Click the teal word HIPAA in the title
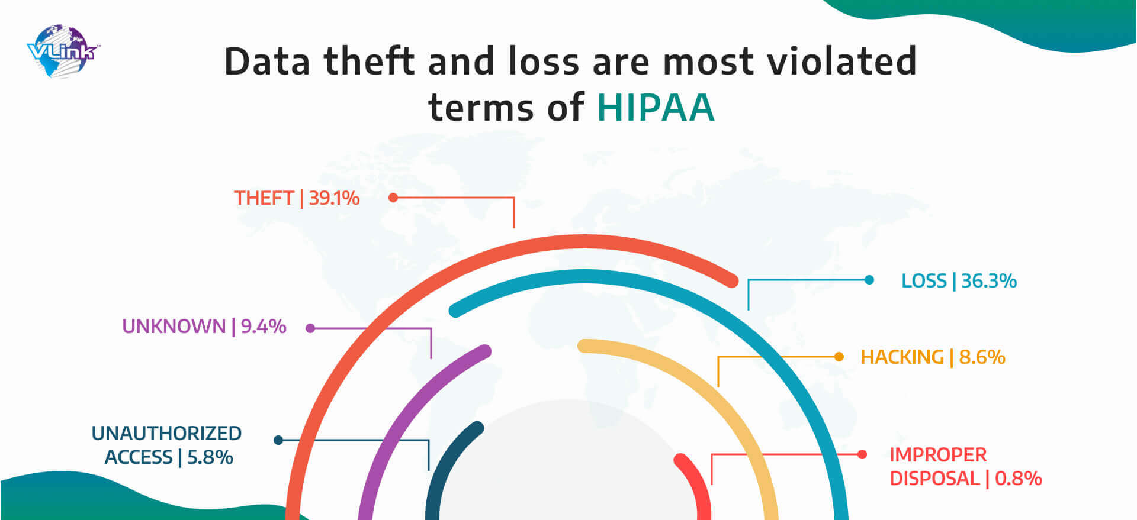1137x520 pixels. point(656,107)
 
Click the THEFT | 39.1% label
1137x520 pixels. point(297,198)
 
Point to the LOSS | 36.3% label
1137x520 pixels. point(959,280)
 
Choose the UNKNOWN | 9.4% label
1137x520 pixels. point(204,326)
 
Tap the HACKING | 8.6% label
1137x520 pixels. point(933,357)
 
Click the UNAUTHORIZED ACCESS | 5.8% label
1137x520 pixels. point(166,445)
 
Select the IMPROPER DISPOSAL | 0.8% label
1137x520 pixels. point(965,466)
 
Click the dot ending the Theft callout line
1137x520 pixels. point(393,198)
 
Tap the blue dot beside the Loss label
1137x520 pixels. point(869,280)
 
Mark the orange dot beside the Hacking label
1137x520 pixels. point(839,357)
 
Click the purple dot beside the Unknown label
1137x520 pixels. point(310,328)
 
